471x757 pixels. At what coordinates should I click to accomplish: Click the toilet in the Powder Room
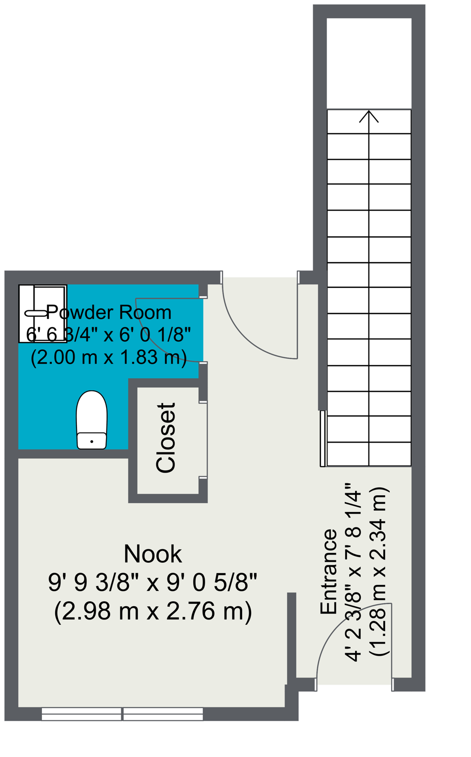click(92, 419)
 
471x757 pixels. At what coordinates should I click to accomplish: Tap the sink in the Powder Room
click(43, 313)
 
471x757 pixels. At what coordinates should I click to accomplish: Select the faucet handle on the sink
click(36, 313)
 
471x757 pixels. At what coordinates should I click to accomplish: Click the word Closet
click(166, 438)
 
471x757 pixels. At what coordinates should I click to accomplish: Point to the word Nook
click(152, 554)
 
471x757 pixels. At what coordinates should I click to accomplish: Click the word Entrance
click(329, 572)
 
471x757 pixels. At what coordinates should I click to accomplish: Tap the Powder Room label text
click(109, 312)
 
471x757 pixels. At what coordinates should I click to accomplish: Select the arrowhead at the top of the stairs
click(368, 116)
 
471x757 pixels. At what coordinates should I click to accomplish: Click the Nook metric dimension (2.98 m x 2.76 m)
click(153, 611)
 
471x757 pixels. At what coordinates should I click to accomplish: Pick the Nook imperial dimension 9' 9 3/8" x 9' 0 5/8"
click(152, 583)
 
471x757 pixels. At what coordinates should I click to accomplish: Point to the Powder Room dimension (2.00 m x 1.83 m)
click(109, 357)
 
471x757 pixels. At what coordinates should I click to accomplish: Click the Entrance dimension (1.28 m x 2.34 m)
click(380, 572)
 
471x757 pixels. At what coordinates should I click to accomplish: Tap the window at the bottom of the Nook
click(122, 714)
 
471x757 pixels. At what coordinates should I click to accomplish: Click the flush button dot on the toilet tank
click(92, 442)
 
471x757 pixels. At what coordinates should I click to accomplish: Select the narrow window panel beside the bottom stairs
click(323, 438)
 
